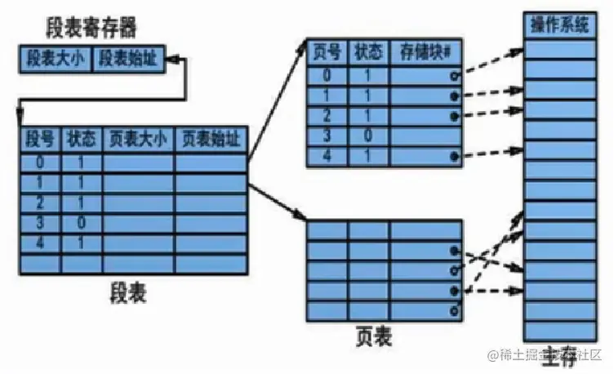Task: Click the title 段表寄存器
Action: pos(91,29)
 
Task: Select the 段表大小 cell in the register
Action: pos(56,59)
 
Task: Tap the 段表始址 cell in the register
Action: pos(130,59)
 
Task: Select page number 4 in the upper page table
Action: pos(327,154)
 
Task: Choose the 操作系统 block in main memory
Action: pos(559,27)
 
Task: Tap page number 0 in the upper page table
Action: pos(327,75)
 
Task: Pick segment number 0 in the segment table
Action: pos(39,163)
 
